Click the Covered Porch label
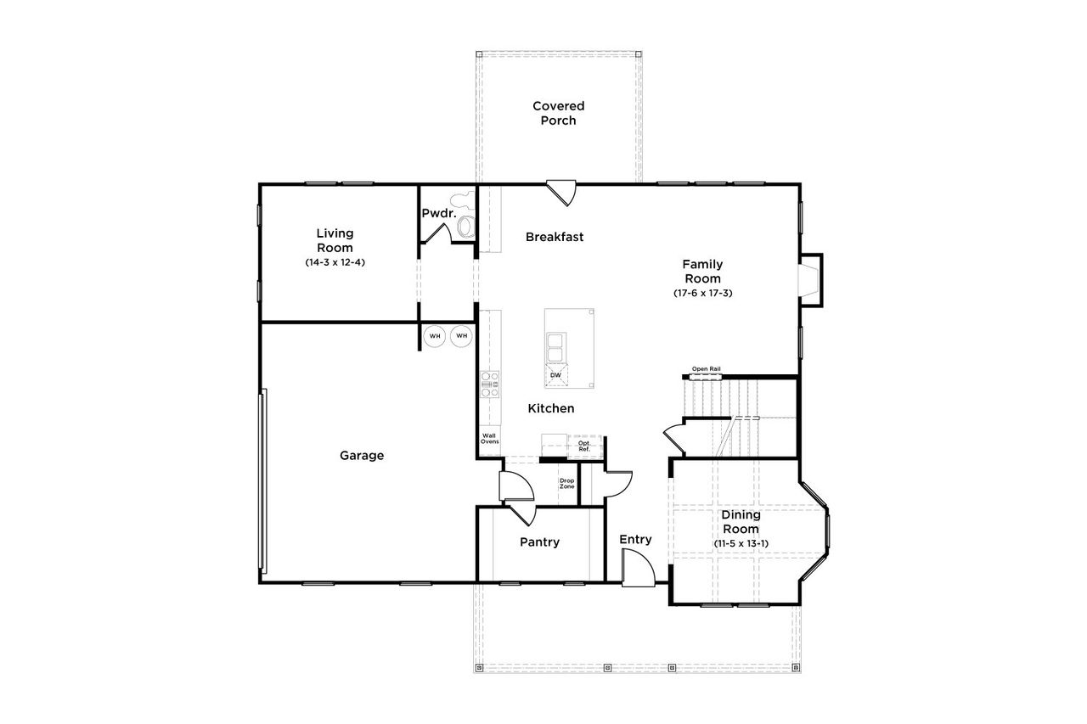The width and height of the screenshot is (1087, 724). [x=559, y=113]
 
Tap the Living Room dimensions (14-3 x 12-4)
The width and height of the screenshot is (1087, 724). [x=335, y=263]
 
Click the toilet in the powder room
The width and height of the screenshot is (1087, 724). [x=465, y=223]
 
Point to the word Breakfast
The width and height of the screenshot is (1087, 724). [x=555, y=237]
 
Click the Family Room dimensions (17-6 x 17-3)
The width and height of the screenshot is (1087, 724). [x=702, y=293]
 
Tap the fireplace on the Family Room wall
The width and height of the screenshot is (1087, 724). [x=810, y=279]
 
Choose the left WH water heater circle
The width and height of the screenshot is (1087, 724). [x=436, y=336]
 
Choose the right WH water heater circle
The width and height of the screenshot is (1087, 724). [x=462, y=336]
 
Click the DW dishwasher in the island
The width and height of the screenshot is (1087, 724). [x=555, y=374]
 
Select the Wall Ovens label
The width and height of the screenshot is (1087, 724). [x=490, y=439]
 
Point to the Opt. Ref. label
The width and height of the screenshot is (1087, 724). [x=584, y=445]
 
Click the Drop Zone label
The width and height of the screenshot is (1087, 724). [x=566, y=484]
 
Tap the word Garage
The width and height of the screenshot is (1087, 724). [x=362, y=456]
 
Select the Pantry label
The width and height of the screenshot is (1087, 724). [x=539, y=542]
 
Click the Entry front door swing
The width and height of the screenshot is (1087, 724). [x=637, y=567]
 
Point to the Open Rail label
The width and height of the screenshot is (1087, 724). [x=706, y=369]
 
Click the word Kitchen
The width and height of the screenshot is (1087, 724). [x=551, y=408]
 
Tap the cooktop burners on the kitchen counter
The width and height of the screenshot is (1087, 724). [x=490, y=384]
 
